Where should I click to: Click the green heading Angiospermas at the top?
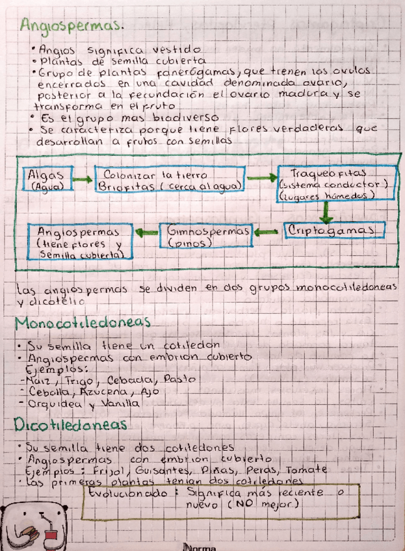coord(72,25)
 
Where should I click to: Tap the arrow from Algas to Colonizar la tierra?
coord(81,179)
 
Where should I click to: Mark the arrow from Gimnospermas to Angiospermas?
coord(146,231)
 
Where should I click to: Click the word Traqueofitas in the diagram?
coord(328,173)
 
